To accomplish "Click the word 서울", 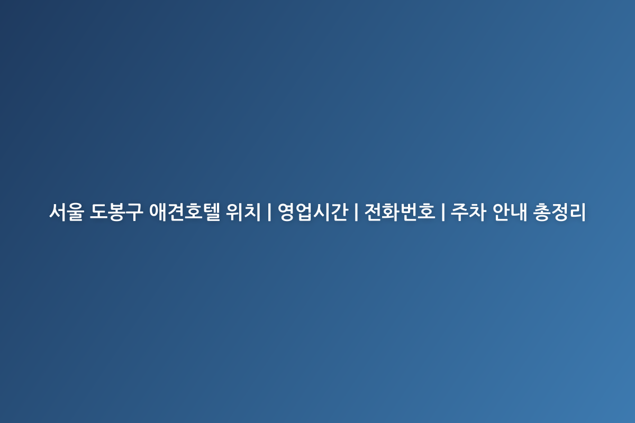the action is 67,212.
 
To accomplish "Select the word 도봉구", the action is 116,212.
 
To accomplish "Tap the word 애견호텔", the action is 185,212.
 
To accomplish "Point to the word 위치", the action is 243,212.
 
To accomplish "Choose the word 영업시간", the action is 313,212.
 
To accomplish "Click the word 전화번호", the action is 400,212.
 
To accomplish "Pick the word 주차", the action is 468,212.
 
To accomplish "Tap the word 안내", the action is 510,212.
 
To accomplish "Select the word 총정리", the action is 559,212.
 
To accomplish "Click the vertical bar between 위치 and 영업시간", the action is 269,212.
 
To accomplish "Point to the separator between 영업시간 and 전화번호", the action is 356,212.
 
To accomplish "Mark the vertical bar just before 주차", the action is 443,212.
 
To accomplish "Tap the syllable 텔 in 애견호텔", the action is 212,212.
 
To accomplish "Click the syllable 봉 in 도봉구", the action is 116,212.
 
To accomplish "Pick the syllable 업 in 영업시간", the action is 304,212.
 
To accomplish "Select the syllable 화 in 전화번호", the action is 391,212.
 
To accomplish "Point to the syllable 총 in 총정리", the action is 542,212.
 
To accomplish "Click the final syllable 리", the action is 577,212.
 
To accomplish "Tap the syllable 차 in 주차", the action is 477,212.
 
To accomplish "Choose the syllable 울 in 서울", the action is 76,212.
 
